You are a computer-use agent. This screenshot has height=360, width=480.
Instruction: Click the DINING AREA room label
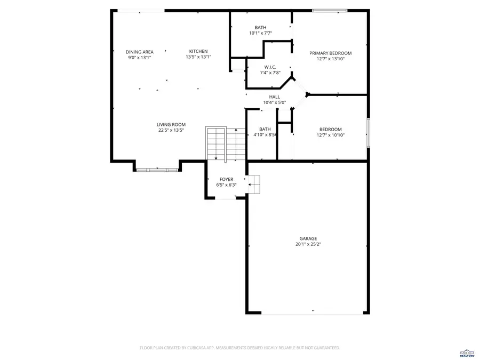click(x=139, y=52)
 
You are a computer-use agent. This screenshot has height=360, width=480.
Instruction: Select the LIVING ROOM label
click(x=171, y=124)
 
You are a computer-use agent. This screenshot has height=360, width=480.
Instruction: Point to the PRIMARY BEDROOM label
click(x=331, y=53)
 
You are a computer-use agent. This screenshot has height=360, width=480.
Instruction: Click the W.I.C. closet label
click(x=269, y=67)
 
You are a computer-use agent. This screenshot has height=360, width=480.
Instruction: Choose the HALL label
click(x=274, y=97)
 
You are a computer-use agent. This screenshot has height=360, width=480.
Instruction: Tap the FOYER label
click(x=226, y=179)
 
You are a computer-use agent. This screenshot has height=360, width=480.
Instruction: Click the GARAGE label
click(x=308, y=238)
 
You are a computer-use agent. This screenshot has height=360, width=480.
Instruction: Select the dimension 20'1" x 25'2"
click(x=308, y=244)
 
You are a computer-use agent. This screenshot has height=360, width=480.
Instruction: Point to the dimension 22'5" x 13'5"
click(x=171, y=130)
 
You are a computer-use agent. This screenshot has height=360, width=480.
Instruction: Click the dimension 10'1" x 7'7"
click(x=260, y=33)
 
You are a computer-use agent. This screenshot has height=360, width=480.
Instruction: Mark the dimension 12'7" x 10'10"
click(x=330, y=135)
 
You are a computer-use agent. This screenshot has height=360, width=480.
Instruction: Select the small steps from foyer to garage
click(x=254, y=184)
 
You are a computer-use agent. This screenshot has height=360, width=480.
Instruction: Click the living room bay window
click(x=156, y=170)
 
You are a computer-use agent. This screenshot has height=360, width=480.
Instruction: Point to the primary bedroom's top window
click(x=330, y=10)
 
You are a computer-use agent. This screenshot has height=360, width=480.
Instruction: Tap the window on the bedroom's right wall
click(x=368, y=132)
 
